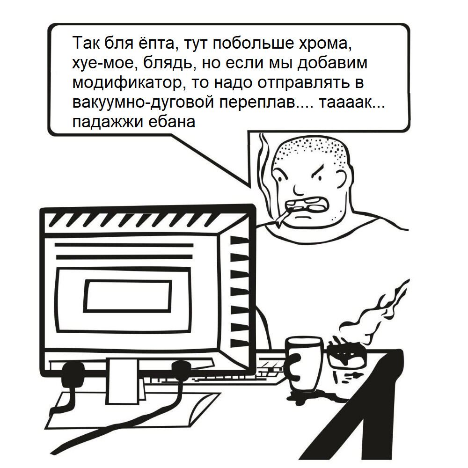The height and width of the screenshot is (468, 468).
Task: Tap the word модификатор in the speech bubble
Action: tap(126, 83)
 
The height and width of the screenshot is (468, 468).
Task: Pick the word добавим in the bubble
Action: tap(332, 63)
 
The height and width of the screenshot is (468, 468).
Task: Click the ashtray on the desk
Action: tap(347, 357)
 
